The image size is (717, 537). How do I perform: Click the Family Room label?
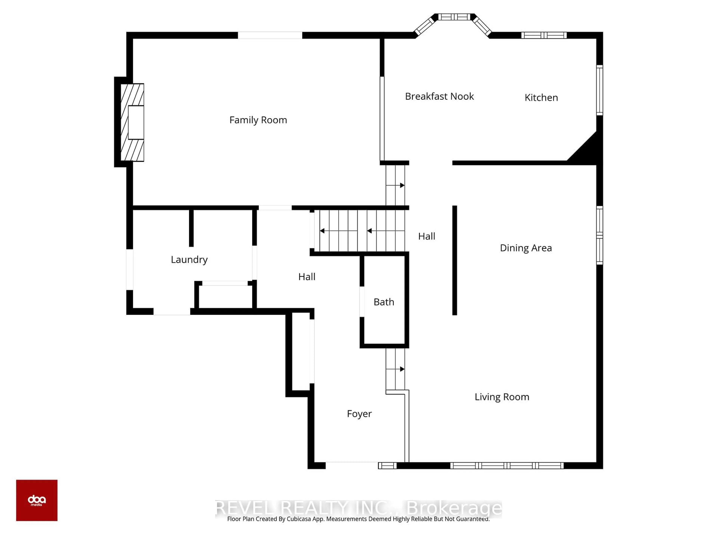258,120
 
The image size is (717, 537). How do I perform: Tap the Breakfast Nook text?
439,96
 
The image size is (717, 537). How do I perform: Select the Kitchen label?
541,98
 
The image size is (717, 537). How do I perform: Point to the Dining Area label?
525,248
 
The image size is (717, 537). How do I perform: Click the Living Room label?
502,397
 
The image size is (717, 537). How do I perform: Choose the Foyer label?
359,414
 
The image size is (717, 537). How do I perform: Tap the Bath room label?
384,302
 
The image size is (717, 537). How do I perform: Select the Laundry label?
189,260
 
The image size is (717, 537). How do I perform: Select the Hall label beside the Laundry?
306,277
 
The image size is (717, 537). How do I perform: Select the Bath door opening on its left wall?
362,302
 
